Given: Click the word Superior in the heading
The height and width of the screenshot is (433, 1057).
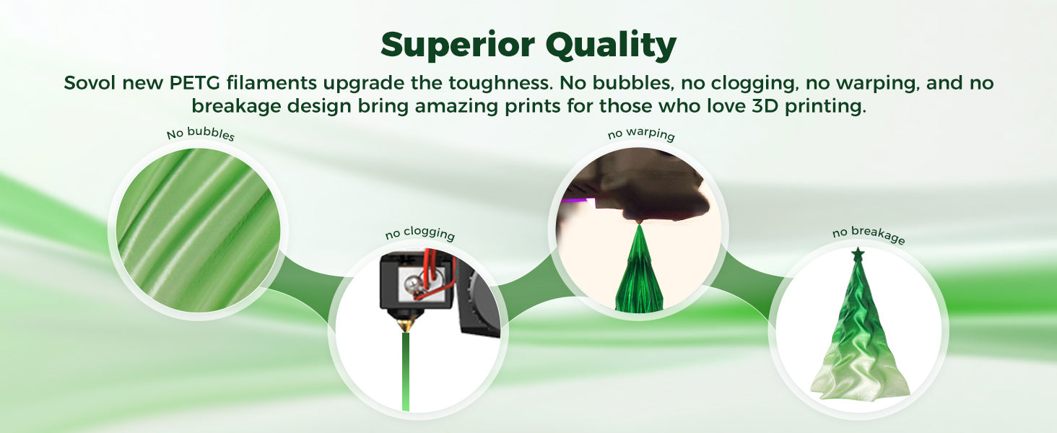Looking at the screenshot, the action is (x=457, y=45).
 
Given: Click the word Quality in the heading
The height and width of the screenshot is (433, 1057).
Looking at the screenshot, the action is (x=611, y=45).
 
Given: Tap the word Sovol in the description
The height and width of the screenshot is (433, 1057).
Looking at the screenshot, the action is (x=90, y=83).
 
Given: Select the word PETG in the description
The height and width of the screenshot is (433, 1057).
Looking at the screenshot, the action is (x=194, y=83).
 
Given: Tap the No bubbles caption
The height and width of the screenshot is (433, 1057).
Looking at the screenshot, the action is (x=201, y=134).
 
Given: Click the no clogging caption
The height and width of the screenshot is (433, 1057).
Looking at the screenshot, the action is (x=420, y=233).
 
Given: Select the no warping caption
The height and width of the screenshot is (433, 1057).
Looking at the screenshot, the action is (x=641, y=134).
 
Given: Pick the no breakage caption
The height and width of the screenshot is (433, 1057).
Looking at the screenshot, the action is (x=869, y=235).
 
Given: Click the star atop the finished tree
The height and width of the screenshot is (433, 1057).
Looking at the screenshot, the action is (x=858, y=255).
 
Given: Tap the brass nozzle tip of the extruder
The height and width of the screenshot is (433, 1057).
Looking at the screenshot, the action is (x=405, y=325).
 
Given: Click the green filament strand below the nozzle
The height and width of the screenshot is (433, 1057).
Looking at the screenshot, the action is (x=405, y=372).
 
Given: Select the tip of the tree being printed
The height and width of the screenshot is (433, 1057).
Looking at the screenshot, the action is (x=639, y=225).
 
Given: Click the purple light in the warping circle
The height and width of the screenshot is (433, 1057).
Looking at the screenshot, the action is (x=575, y=201).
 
